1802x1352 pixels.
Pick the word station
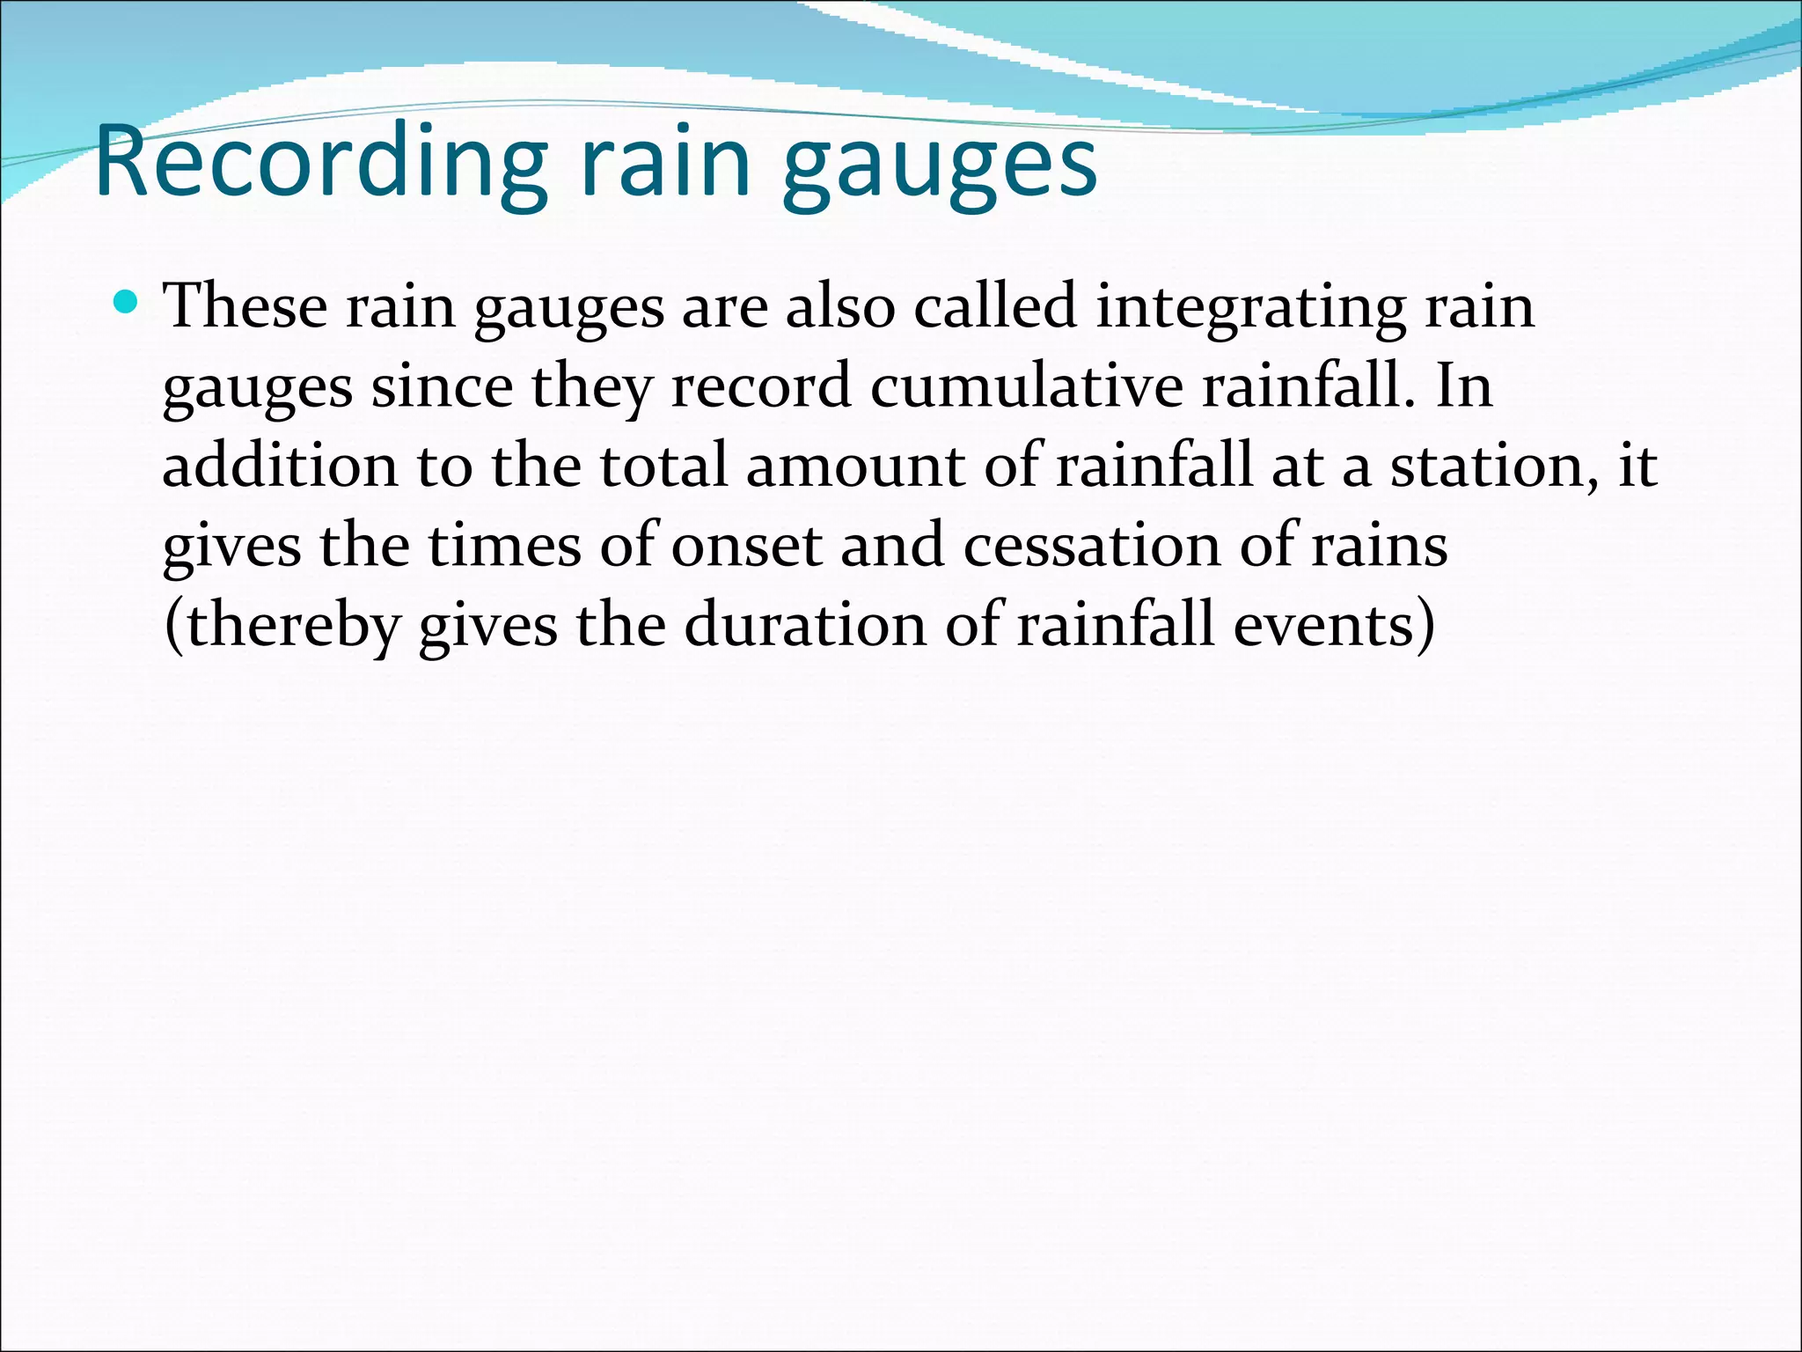click(x=1495, y=467)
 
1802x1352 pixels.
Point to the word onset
click(x=747, y=546)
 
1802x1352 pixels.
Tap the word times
click(x=504, y=546)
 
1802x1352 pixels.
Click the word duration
click(x=805, y=625)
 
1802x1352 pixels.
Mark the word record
click(x=761, y=386)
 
